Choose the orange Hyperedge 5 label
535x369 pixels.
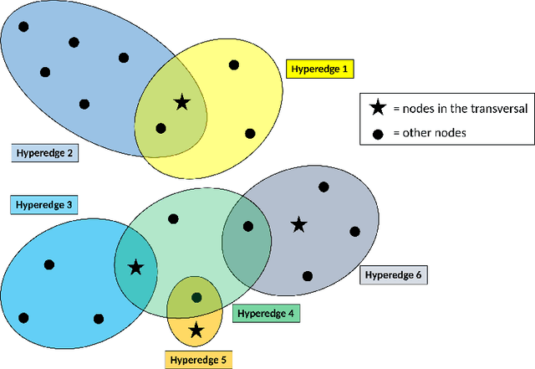point(199,360)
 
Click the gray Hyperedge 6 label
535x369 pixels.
point(392,274)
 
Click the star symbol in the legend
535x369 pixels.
point(378,108)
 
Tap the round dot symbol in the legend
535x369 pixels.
point(378,131)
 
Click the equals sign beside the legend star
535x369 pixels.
point(395,108)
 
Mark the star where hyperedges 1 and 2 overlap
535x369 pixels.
point(181,103)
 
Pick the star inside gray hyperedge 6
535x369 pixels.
point(298,224)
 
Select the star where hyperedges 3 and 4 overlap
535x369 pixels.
point(135,268)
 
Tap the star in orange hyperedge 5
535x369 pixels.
point(196,330)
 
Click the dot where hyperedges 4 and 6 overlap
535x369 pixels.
point(247,225)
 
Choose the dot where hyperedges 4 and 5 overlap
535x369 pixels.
point(196,297)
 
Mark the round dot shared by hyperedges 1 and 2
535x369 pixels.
point(160,128)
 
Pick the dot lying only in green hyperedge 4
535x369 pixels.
point(173,219)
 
